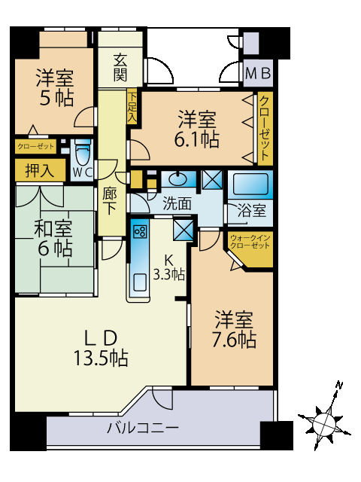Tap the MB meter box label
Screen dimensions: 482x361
(x=258, y=74)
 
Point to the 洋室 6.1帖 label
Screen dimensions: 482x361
(x=198, y=129)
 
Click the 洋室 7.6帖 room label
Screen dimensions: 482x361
(x=234, y=329)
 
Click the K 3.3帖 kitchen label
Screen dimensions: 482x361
(x=168, y=268)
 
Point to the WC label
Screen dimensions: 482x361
(x=82, y=171)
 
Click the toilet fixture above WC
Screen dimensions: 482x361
(x=82, y=153)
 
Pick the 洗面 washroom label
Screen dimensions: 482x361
(x=177, y=203)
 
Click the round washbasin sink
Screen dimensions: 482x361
(x=179, y=179)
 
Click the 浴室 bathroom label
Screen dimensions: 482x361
(x=250, y=211)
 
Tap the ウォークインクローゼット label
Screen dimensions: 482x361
(x=250, y=242)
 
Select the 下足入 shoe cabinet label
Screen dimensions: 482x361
(x=132, y=107)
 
